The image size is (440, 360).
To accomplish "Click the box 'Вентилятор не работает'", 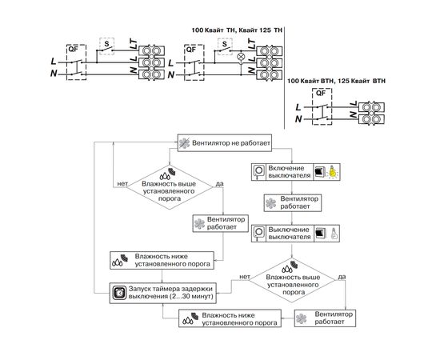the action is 225,143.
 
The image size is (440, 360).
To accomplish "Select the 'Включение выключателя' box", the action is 295,172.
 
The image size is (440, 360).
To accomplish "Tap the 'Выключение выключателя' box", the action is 295,233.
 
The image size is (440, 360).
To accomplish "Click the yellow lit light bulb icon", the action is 333,171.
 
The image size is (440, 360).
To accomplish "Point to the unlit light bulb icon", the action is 334,233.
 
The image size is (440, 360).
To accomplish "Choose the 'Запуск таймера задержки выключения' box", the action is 162,293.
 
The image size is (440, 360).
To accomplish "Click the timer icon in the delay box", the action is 120,293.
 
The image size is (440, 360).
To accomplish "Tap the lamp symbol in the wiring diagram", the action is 241,56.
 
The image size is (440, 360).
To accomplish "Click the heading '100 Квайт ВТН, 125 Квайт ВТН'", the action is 336,81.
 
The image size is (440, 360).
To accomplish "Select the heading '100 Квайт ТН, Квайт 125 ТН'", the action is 237,30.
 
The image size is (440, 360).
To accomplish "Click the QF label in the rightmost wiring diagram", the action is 321,93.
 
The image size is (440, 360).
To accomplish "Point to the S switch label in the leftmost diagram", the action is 106,43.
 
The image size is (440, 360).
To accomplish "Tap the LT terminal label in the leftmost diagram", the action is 134,45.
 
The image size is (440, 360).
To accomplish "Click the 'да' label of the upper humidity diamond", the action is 219,184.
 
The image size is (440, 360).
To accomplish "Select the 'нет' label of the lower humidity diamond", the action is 245,277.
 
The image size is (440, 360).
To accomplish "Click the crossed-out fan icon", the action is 184,143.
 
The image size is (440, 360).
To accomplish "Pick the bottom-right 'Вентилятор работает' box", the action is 325,318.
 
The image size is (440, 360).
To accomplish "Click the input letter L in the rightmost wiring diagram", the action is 298,107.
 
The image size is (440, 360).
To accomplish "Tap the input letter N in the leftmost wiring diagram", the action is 54,74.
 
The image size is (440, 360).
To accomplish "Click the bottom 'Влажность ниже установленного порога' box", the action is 230,318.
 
